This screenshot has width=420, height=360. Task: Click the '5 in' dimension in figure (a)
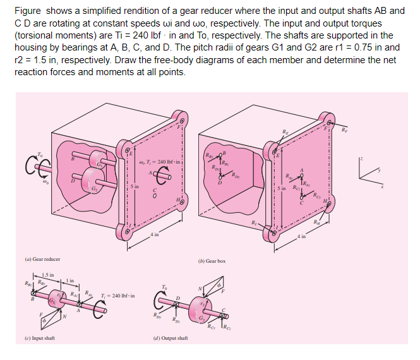[135, 186]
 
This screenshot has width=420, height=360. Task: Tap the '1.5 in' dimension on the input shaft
[49, 273]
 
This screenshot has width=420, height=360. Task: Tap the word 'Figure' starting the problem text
[27, 11]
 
